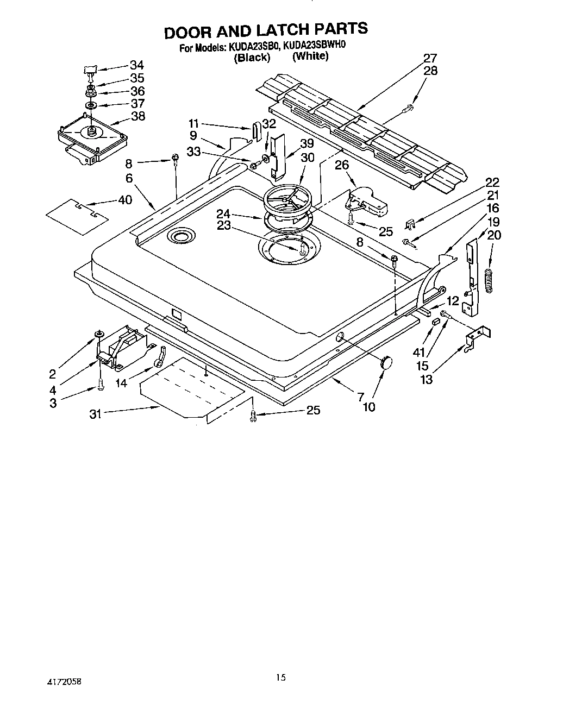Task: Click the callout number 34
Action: (x=137, y=65)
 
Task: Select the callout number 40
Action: (x=124, y=200)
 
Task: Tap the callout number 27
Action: (x=430, y=59)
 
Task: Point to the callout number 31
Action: (x=96, y=413)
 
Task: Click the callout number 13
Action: (x=427, y=380)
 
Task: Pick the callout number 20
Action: (x=494, y=235)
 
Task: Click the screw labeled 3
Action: (x=101, y=386)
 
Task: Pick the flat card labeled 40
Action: (x=77, y=216)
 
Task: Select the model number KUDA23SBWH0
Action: (x=315, y=47)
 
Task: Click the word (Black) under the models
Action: (x=252, y=58)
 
